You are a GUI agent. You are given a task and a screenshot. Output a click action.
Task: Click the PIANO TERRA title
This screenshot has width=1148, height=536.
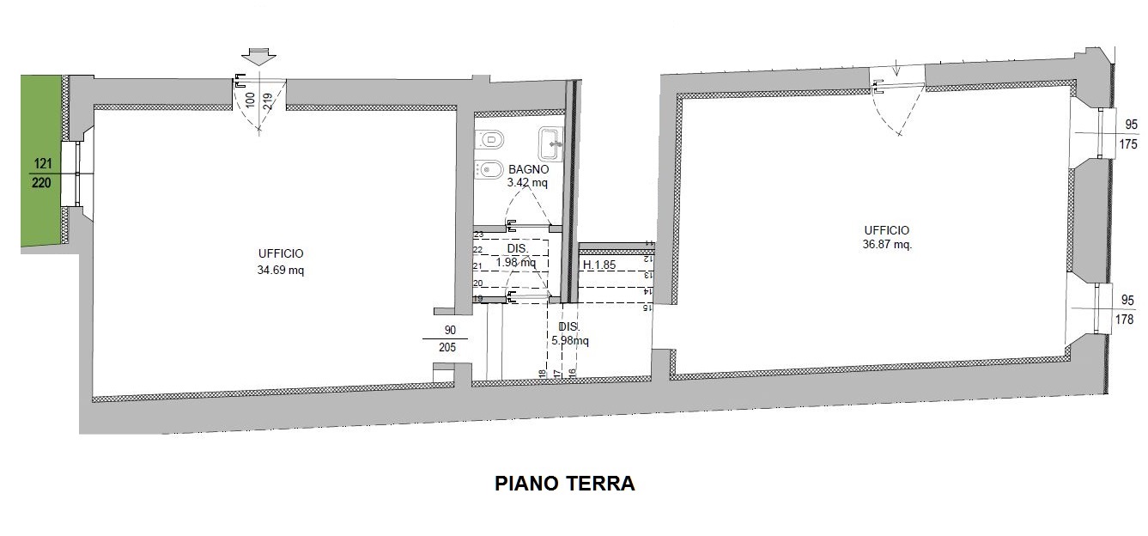coord(565,484)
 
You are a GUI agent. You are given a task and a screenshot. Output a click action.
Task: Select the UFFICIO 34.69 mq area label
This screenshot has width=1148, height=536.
coord(280,262)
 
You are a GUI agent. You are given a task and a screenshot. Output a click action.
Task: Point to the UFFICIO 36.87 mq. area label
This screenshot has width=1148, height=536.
coord(887,237)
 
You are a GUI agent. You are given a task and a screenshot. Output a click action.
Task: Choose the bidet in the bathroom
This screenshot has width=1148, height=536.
coord(489,169)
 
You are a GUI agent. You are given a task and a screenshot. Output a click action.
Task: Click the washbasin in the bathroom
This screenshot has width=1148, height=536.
coord(551,144)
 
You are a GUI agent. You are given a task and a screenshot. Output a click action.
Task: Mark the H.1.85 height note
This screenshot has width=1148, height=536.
coord(599,265)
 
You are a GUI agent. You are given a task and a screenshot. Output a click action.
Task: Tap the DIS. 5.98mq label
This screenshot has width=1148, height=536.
coord(570,333)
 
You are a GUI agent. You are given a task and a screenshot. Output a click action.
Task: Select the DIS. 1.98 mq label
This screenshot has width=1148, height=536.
coord(517,255)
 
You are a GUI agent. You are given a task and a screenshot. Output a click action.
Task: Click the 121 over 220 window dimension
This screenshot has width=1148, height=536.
coord(42,173)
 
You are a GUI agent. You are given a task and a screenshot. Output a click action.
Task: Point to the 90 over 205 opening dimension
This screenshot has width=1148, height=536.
coord(446,338)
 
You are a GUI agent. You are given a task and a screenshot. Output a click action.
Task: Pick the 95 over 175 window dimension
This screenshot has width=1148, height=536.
coord(1127,134)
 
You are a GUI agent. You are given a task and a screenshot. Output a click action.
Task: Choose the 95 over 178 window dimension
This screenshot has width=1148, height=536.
coord(1125,309)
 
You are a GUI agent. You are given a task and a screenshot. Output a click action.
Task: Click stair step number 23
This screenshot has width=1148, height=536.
coord(478,234)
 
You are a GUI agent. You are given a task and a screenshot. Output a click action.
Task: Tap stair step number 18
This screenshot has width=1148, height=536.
coord(542,373)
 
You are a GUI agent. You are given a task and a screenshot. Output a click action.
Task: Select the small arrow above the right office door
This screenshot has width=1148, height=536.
coord(896,67)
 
